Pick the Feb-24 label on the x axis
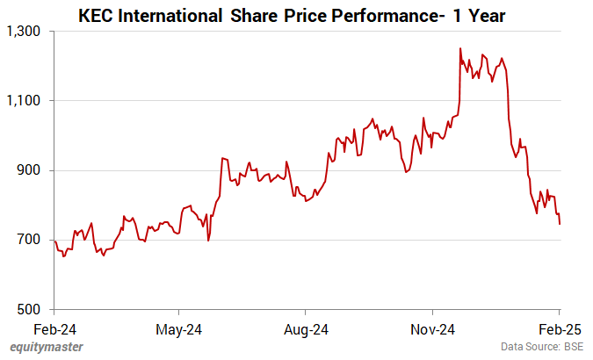[54, 330]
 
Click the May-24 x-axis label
[179, 330]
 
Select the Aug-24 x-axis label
[305, 330]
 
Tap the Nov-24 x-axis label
[433, 330]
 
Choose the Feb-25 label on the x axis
[559, 330]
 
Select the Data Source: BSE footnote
[542, 348]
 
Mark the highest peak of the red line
[460, 48]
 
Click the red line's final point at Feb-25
[560, 224]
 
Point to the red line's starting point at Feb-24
[54, 241]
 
